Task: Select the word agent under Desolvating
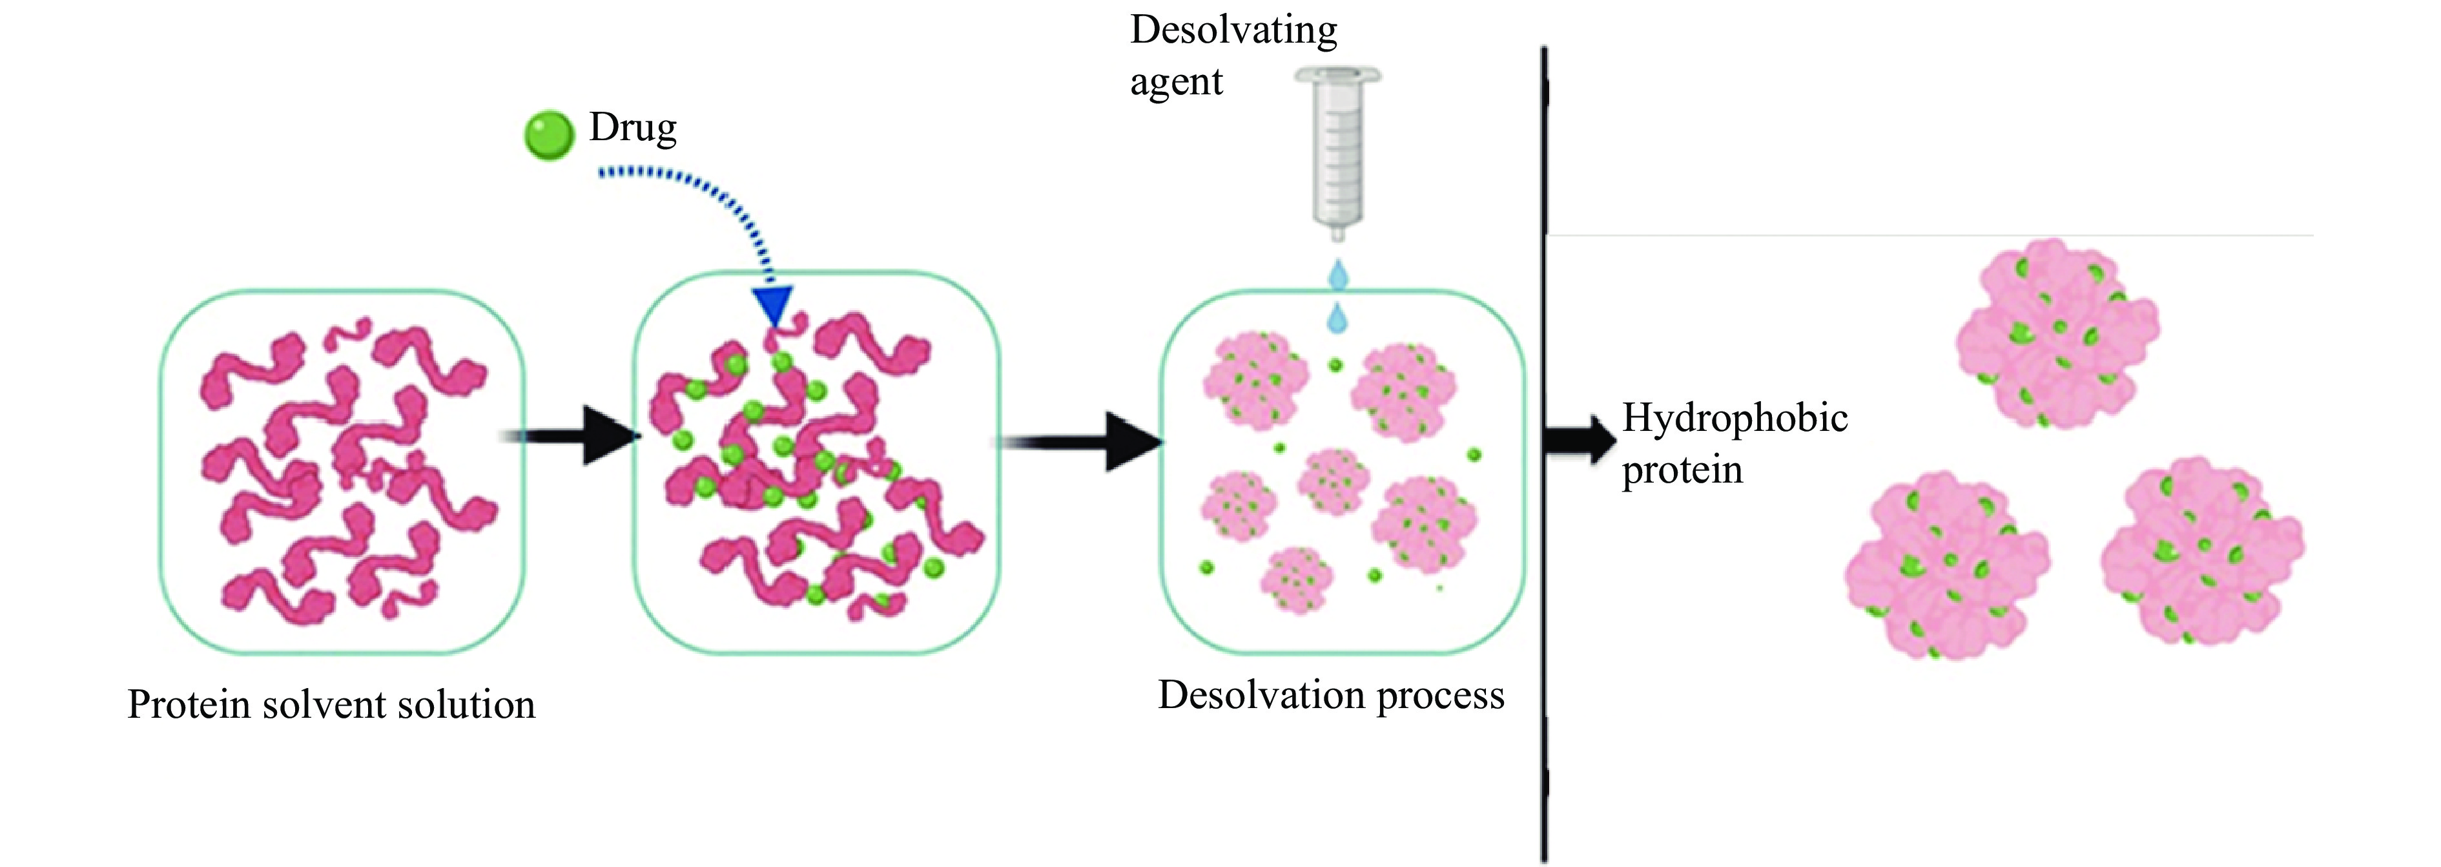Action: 1176,83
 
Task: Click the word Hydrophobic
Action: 1734,418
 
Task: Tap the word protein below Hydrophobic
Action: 1682,470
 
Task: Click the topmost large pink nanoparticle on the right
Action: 2056,333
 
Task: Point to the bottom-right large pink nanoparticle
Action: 2202,552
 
